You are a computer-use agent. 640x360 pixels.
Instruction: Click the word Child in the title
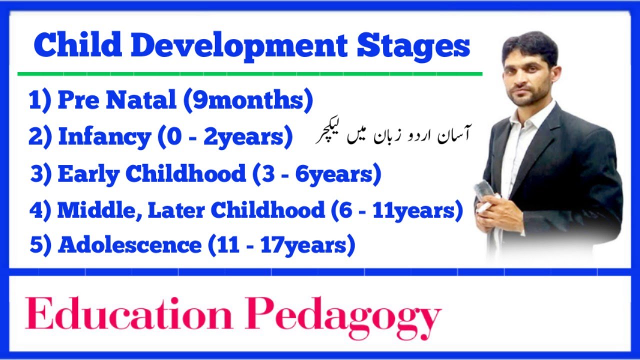tap(77, 46)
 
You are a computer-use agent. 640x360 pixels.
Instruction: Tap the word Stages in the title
tap(413, 46)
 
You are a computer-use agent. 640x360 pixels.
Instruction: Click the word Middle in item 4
tap(90, 210)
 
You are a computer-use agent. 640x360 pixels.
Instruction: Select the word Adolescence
tap(129, 245)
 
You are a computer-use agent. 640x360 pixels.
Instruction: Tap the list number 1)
tap(40, 100)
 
